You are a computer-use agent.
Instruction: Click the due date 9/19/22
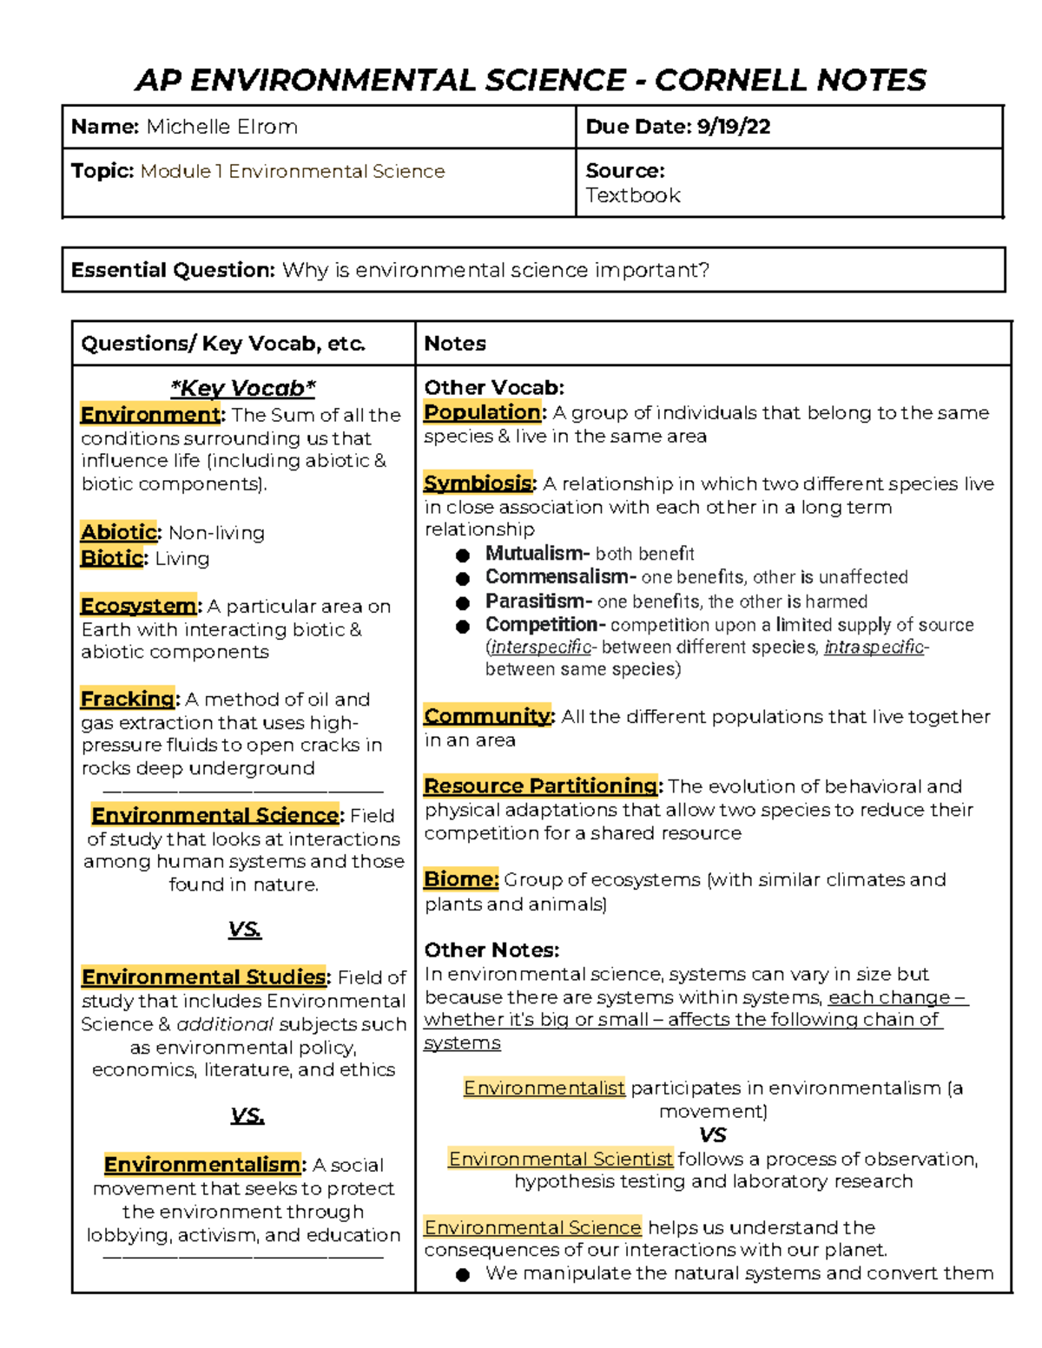pyautogui.click(x=733, y=127)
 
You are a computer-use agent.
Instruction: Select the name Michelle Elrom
pyautogui.click(x=221, y=127)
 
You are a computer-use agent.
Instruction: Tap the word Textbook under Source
pyautogui.click(x=632, y=195)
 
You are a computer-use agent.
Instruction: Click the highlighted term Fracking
pyautogui.click(x=128, y=699)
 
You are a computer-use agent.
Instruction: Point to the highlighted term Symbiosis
pyautogui.click(x=478, y=483)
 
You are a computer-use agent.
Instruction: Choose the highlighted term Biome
pyautogui.click(x=460, y=879)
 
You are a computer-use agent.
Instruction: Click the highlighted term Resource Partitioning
pyautogui.click(x=540, y=786)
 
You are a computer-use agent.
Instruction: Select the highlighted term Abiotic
pyautogui.click(x=119, y=532)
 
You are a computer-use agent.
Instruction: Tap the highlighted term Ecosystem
pyautogui.click(x=138, y=605)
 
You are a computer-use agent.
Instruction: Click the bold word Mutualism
pyautogui.click(x=534, y=553)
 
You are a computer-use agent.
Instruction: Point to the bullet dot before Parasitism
pyautogui.click(x=463, y=602)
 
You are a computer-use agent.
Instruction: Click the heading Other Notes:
pyautogui.click(x=491, y=950)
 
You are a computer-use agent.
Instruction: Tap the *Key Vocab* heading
pyautogui.click(x=243, y=388)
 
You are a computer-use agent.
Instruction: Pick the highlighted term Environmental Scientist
pyautogui.click(x=560, y=1159)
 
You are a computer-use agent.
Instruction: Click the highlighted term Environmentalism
pyautogui.click(x=201, y=1164)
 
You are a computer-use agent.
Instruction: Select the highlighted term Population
pyautogui.click(x=482, y=412)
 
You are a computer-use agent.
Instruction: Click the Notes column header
pyautogui.click(x=455, y=344)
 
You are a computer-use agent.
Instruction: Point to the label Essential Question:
pyautogui.click(x=173, y=270)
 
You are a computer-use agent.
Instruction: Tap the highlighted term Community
pyautogui.click(x=487, y=716)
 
